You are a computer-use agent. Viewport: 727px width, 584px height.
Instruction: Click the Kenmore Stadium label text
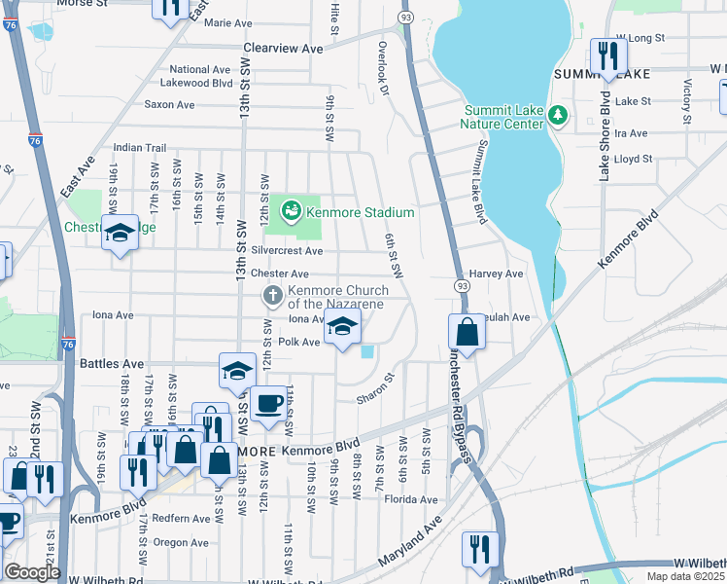click(361, 212)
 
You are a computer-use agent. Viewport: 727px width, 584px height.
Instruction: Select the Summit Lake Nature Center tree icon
click(558, 116)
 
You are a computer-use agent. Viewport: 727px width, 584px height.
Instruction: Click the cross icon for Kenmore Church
click(273, 295)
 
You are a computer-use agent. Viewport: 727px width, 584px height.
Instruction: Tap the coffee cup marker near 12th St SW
click(268, 402)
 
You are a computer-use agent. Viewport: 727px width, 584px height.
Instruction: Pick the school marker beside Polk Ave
click(341, 328)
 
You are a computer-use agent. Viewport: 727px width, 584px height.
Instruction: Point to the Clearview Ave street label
click(283, 48)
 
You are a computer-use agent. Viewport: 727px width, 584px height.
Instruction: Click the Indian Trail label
click(140, 147)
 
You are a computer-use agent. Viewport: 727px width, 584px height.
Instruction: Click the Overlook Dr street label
click(384, 72)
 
